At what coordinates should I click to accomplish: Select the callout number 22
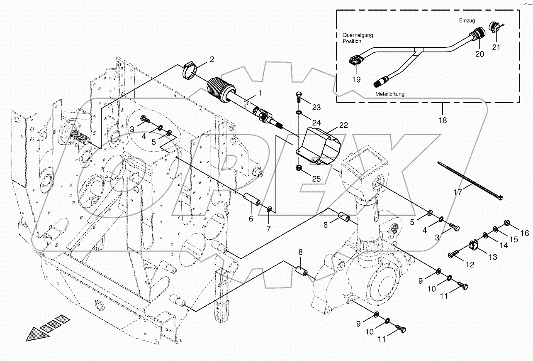pyautogui.click(x=343, y=125)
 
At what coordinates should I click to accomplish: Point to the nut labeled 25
pyautogui.click(x=299, y=167)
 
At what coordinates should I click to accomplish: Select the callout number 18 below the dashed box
pyautogui.click(x=443, y=120)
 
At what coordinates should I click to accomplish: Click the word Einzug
pyautogui.click(x=467, y=20)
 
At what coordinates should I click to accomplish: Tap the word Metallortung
pyautogui.click(x=390, y=94)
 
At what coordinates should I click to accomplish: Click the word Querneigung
pyautogui.click(x=358, y=35)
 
